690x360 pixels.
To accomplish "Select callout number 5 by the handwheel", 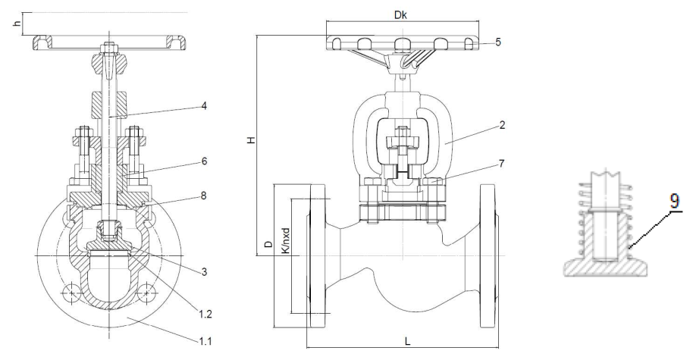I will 497,42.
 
